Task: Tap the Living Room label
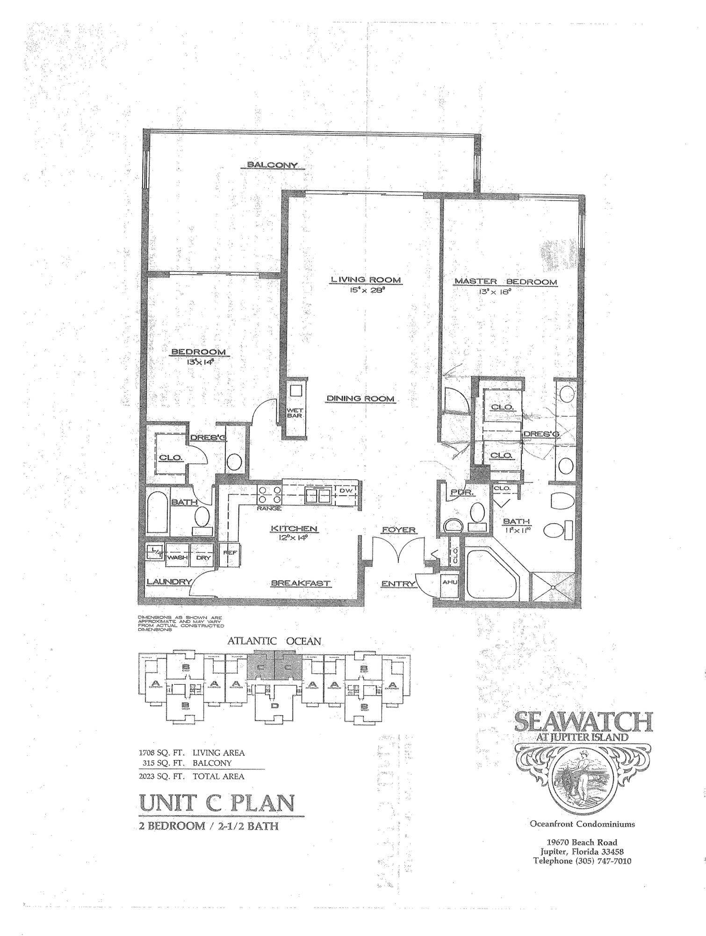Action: pos(366,280)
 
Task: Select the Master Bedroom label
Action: pos(506,282)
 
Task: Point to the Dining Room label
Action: pos(360,399)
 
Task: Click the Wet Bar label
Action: pos(295,413)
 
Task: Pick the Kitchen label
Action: pos(294,529)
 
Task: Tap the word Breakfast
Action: pos(301,583)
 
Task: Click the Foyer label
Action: pos(399,530)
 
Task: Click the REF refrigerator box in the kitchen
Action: pos(230,555)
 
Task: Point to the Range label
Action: pos(269,508)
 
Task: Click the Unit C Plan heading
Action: pos(217,803)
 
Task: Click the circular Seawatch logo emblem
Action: pos(582,782)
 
